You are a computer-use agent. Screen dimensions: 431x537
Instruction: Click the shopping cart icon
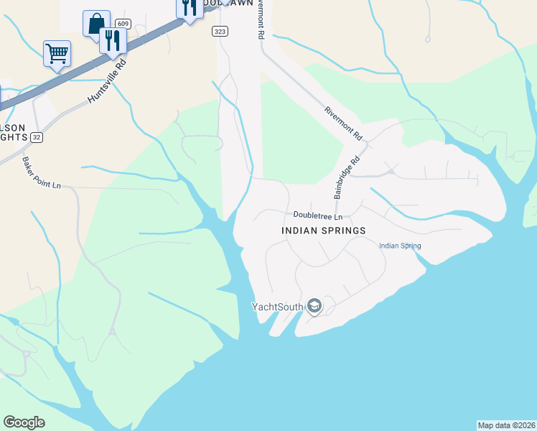57,52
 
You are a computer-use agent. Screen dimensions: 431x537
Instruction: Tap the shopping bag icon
96,23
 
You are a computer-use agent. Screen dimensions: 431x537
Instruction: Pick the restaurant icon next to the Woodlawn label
189,8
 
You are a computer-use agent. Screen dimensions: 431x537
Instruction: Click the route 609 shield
123,24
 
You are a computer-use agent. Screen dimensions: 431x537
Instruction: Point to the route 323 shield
220,32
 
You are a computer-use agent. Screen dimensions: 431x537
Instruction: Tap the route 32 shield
37,137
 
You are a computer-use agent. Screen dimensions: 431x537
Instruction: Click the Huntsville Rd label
107,80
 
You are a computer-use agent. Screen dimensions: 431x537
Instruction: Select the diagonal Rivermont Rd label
344,123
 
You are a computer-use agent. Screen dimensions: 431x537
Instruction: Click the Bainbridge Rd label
345,179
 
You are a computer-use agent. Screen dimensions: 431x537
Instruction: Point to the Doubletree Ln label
319,215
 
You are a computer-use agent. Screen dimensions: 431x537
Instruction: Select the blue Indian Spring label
400,246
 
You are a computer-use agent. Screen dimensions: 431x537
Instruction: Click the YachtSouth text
276,307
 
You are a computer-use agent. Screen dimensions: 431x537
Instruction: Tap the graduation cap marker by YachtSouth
314,307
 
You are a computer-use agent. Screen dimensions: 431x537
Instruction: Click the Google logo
24,422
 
